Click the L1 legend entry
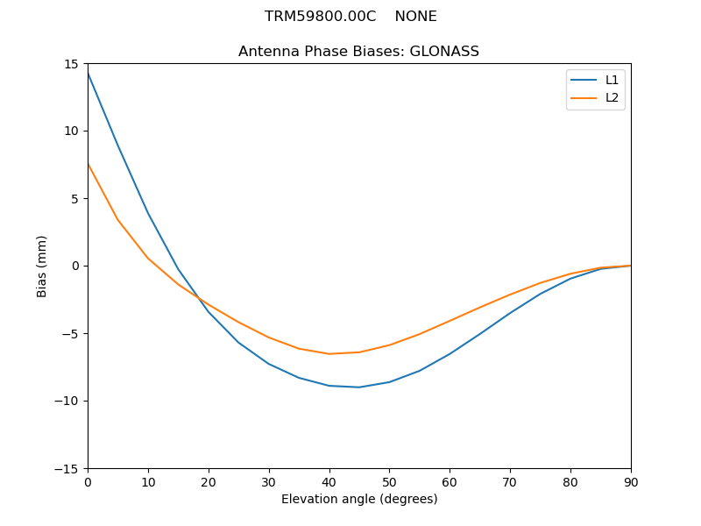click(x=612, y=80)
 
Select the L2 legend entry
click(x=612, y=97)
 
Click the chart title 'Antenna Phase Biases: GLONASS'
click(x=358, y=52)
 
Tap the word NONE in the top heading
click(x=415, y=17)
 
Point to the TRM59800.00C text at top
click(x=320, y=17)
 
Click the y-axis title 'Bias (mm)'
click(x=42, y=266)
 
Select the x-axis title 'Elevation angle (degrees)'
click(x=359, y=499)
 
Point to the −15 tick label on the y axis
click(x=67, y=468)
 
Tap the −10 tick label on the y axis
click(x=67, y=401)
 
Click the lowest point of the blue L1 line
click(x=359, y=387)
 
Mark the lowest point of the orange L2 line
click(x=329, y=353)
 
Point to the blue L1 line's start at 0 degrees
click(x=88, y=73)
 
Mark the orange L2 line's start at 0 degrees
click(x=88, y=164)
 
